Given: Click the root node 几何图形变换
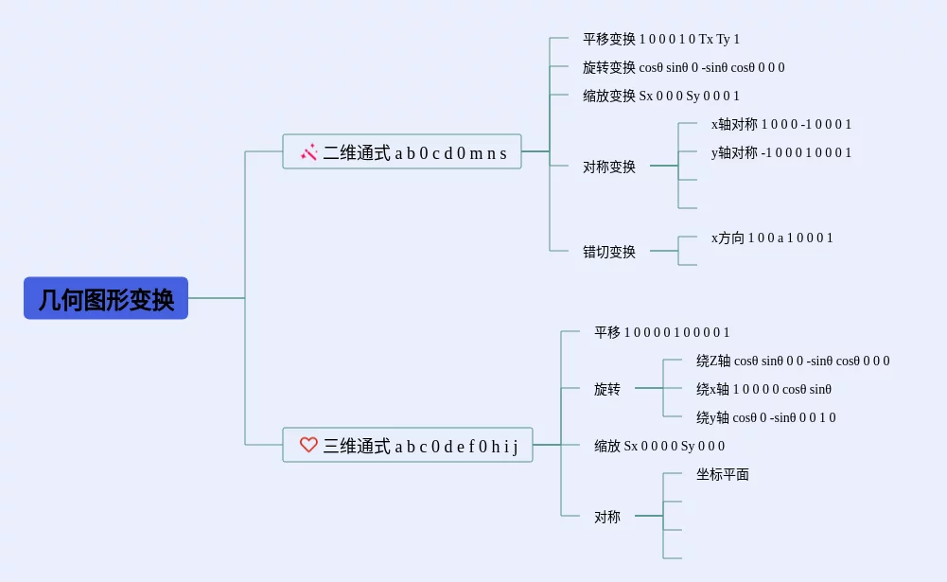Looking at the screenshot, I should point(106,298).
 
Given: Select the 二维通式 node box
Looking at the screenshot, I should point(402,151).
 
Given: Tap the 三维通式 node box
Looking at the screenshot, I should point(408,445).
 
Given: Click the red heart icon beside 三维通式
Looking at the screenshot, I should point(308,445).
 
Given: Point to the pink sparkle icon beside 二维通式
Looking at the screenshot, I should point(308,151).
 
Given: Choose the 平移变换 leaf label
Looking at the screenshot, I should point(661,39).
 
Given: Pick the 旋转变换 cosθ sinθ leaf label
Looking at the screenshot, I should point(683,67).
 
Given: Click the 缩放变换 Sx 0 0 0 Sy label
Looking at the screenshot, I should point(661,96).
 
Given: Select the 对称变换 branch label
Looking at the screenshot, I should point(609,167).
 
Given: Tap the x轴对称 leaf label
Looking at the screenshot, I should point(781,124).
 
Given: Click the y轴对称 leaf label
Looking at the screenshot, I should point(781,152).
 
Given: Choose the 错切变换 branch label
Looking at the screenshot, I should point(609,252).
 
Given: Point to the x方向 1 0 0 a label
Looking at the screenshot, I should point(772,238).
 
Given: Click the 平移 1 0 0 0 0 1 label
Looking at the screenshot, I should point(661,332).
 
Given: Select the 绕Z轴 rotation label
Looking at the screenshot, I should point(793,361).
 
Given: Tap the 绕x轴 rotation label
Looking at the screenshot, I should point(763,389).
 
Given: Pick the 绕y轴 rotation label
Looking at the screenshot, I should point(766,417).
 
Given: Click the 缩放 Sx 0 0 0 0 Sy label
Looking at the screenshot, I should point(659,446).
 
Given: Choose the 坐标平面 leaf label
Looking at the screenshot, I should point(723,474).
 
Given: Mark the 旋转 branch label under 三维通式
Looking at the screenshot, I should point(607,389).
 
